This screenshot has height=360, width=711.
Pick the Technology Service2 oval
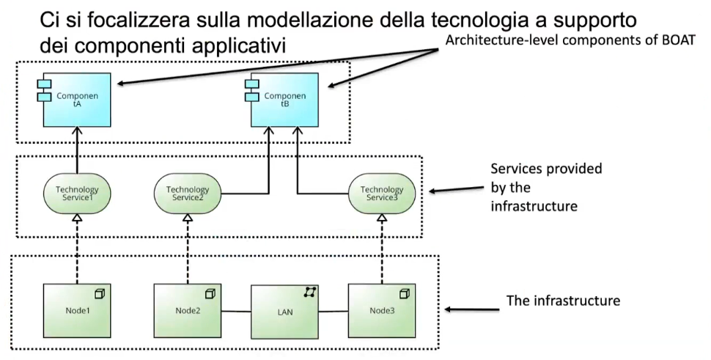[x=187, y=194]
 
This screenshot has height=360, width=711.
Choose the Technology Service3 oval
[x=382, y=194]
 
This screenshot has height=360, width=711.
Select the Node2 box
[x=187, y=309]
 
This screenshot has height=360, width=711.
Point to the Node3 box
[x=382, y=309]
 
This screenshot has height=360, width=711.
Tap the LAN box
[x=284, y=309]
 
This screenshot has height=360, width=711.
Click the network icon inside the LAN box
[x=310, y=293]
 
